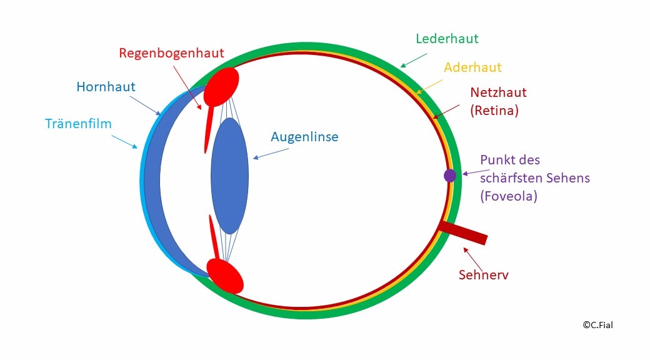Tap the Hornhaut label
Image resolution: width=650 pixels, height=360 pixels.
pos(106,87)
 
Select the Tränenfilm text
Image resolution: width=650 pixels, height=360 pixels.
pos(78,124)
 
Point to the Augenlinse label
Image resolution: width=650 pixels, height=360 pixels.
pos(304,136)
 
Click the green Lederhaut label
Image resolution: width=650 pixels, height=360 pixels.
pos(447,39)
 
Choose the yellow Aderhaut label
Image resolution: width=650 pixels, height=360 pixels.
pos(472,67)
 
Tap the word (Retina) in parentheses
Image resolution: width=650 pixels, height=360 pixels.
pos(494,111)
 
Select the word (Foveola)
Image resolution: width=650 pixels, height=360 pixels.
pos(508,196)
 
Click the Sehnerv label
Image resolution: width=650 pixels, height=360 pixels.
pos(483,274)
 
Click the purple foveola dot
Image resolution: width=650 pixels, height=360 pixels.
pos(450,176)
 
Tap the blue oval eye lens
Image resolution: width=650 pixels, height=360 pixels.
pos(229,176)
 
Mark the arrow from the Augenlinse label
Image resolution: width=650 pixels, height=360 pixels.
pos(264,154)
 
